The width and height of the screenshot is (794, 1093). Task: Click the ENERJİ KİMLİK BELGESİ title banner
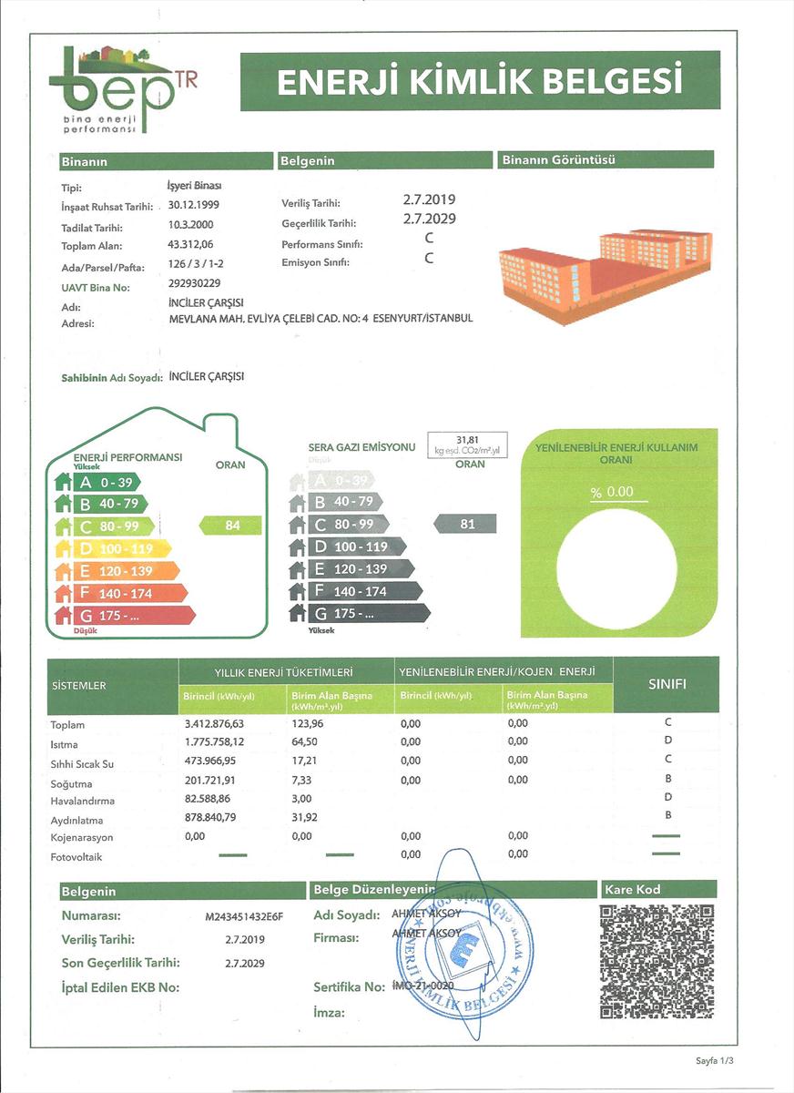pos(480,82)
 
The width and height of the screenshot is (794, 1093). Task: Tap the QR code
pos(657,961)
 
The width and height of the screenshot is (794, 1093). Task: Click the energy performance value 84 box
pos(231,525)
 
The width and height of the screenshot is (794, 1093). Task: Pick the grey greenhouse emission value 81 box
pos(467,524)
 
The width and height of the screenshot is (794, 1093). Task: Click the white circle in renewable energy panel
pos(616,569)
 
